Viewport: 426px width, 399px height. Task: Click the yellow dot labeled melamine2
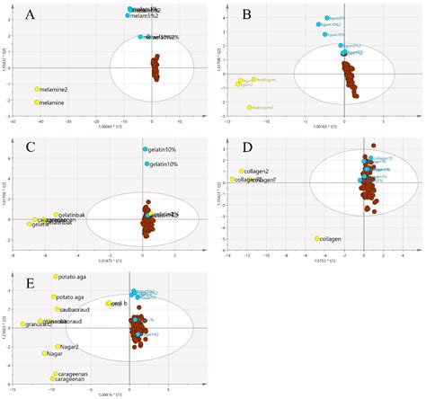[x=38, y=89]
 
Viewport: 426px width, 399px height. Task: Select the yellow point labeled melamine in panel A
[x=38, y=102]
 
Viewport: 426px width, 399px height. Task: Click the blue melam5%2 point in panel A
[x=128, y=15]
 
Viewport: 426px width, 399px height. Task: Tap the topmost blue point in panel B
[x=327, y=19]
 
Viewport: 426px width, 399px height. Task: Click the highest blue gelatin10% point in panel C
[x=144, y=149]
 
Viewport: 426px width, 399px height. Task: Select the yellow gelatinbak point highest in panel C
[x=56, y=215]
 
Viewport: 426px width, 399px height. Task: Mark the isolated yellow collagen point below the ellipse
[x=317, y=238]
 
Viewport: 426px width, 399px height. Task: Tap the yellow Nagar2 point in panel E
[x=58, y=346]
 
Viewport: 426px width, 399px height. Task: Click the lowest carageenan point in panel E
[x=56, y=381]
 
